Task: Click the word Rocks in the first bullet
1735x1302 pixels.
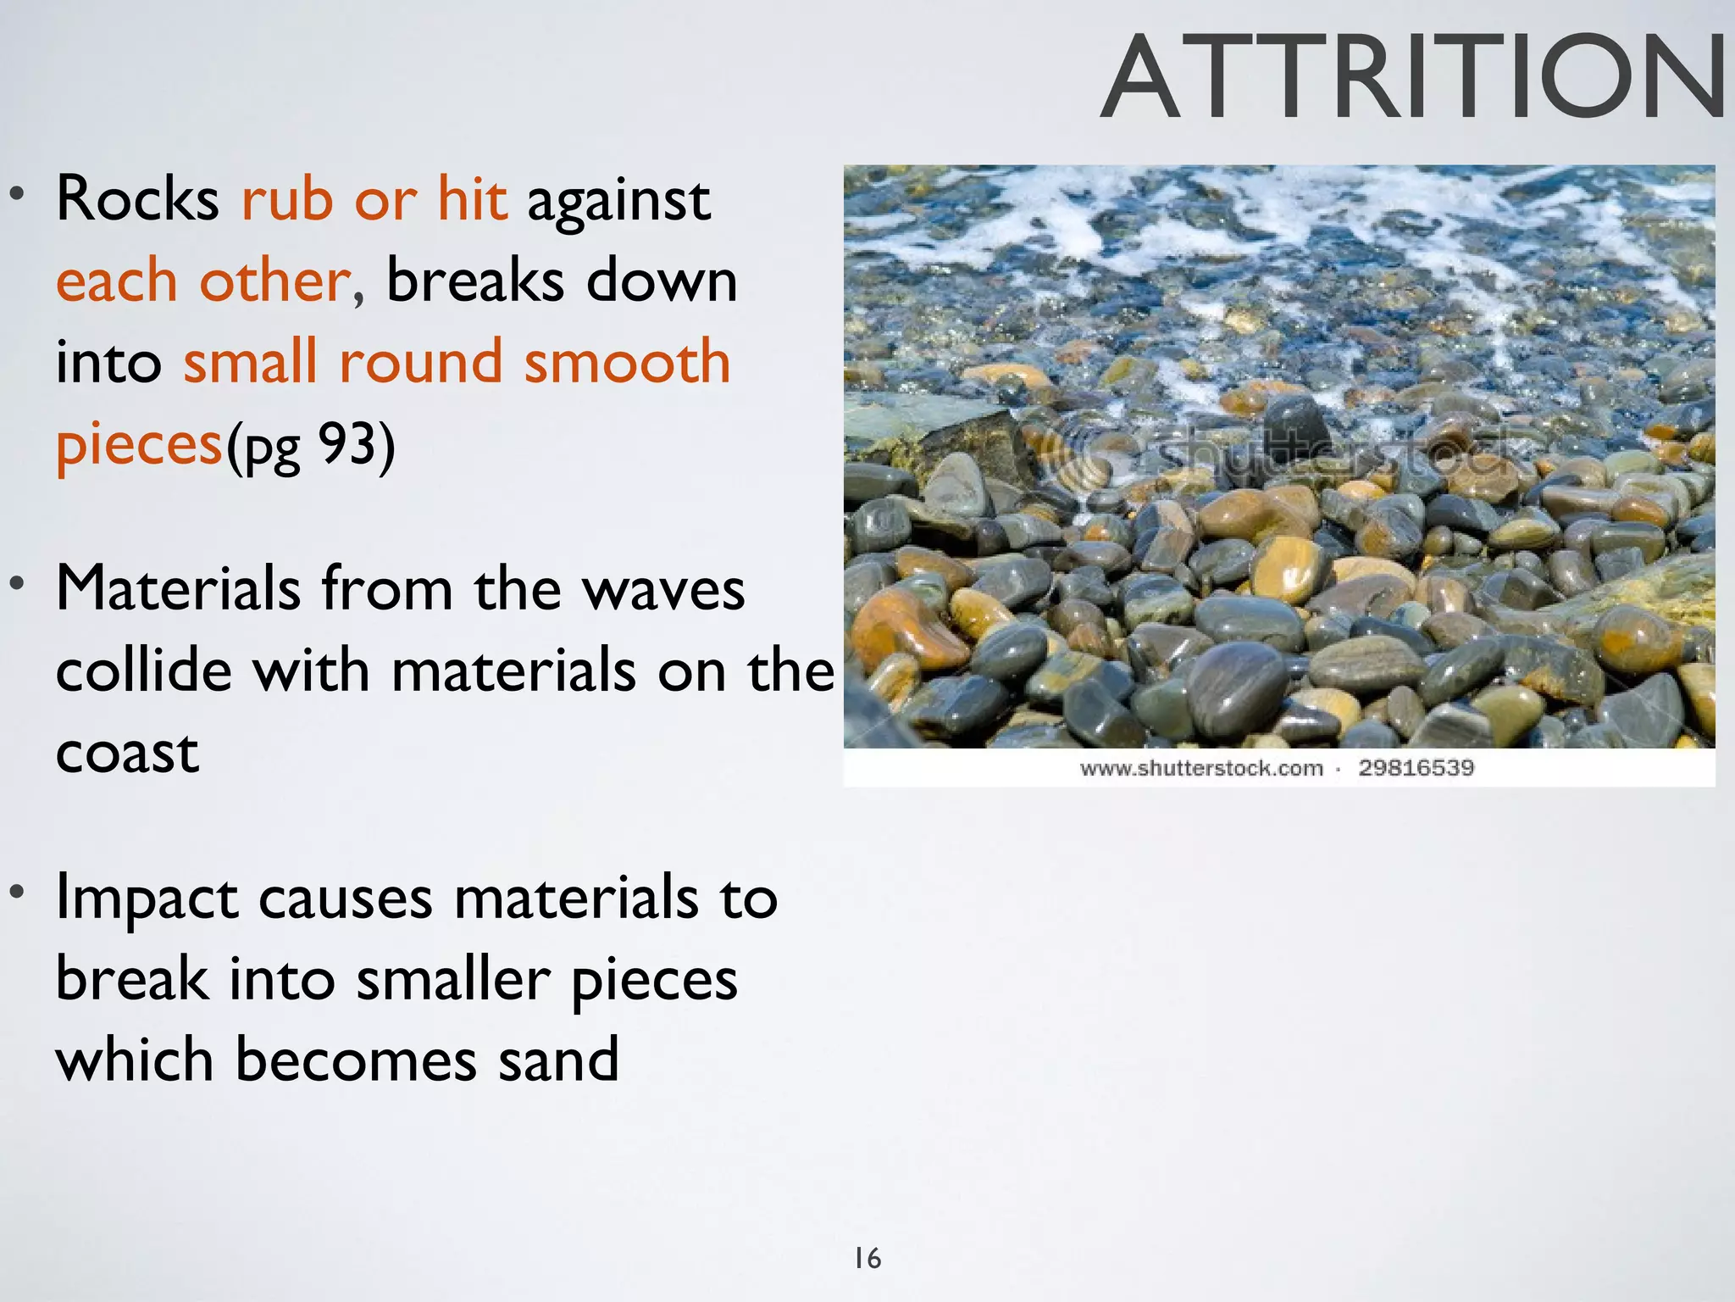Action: click(137, 200)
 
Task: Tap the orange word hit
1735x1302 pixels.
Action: click(472, 200)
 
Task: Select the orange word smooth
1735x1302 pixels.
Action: click(627, 362)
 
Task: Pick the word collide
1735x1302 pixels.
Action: click(143, 670)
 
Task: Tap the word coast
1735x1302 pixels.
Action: click(127, 753)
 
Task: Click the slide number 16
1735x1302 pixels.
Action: click(867, 1258)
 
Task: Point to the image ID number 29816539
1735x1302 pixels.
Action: click(1416, 768)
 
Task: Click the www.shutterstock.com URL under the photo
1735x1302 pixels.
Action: click(1201, 769)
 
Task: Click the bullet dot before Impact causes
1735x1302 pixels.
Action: click(16, 892)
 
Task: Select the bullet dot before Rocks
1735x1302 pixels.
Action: click(16, 194)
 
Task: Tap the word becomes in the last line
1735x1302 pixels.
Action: click(356, 1060)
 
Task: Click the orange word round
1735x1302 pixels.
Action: click(420, 362)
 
